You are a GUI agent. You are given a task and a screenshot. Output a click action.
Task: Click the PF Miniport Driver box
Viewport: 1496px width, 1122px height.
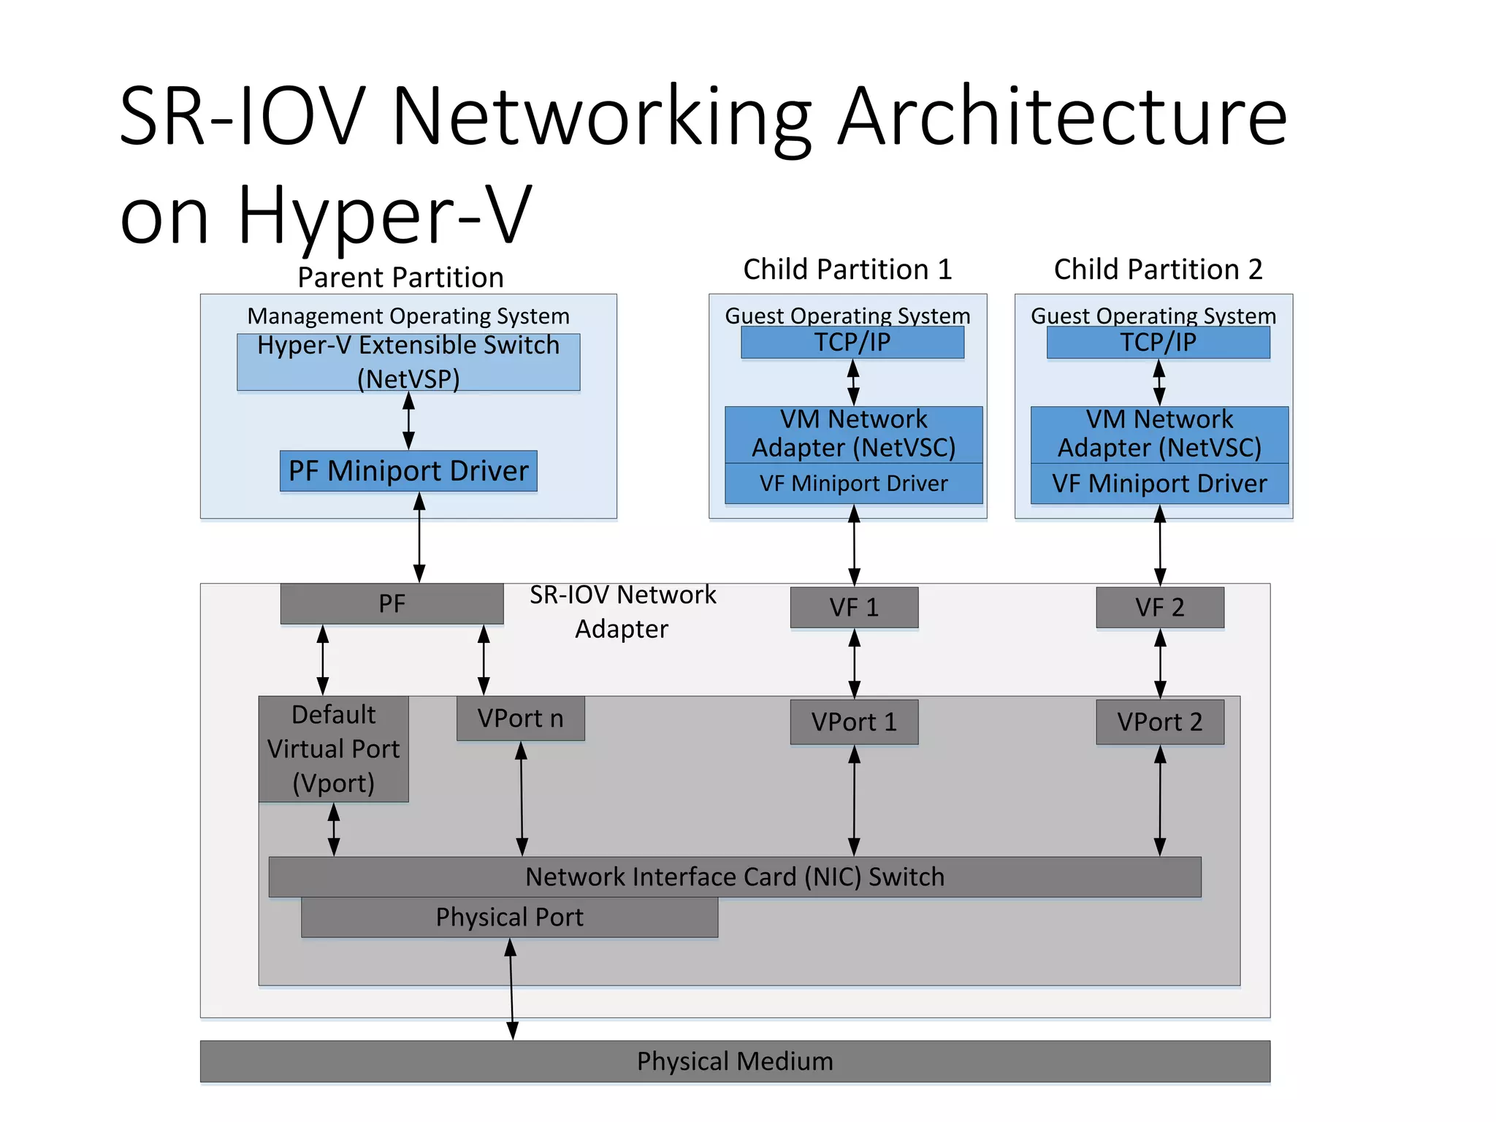click(408, 471)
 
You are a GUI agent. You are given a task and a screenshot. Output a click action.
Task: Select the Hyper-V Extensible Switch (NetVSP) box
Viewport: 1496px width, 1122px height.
click(408, 362)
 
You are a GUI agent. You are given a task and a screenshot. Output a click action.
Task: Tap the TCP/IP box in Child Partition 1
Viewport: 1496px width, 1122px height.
click(852, 343)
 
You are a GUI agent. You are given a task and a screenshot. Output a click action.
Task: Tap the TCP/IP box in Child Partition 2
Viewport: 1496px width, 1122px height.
click(1158, 343)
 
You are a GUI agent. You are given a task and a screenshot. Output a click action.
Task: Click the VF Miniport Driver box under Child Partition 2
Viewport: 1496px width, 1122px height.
click(1159, 484)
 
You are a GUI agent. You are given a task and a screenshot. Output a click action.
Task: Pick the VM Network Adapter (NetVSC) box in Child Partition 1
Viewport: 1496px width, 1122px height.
click(853, 434)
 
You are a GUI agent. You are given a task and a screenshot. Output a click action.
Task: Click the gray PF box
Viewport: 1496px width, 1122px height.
click(392, 604)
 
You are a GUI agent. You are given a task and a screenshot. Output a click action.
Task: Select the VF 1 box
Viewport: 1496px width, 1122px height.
click(854, 608)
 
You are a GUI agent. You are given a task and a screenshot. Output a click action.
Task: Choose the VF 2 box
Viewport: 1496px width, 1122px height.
click(1159, 608)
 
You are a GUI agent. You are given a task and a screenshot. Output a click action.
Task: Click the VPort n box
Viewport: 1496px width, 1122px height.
click(520, 719)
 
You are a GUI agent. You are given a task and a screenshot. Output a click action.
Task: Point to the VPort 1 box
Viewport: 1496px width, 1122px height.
click(854, 722)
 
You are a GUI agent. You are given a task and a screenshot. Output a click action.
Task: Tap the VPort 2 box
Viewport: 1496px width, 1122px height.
click(1159, 722)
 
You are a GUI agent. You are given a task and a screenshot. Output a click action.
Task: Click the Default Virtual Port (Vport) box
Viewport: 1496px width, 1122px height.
click(333, 749)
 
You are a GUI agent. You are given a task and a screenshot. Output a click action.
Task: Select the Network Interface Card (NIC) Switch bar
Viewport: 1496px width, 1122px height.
click(734, 877)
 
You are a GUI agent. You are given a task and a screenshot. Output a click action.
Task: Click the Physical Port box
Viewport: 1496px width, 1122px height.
click(509, 917)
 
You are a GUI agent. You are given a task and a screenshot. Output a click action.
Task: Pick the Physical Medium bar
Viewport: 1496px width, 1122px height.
click(734, 1061)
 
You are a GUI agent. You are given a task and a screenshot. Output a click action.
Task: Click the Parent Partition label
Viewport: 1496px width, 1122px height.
click(400, 278)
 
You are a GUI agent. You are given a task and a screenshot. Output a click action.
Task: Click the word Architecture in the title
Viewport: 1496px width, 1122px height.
click(1061, 117)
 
